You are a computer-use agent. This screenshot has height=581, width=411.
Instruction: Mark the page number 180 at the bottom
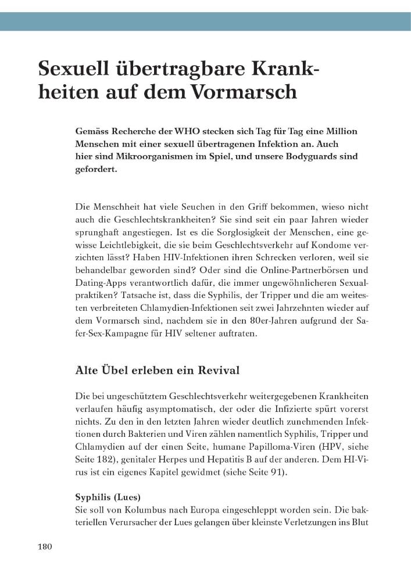click(x=45, y=546)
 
